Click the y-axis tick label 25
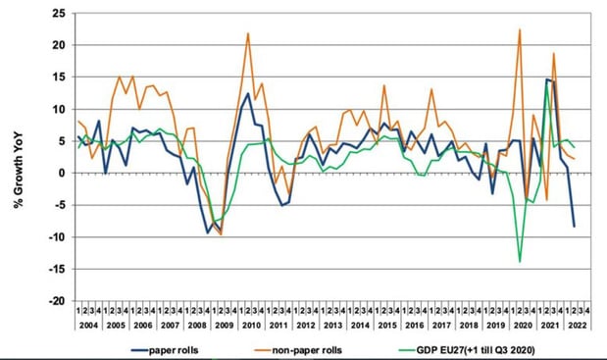tap(58, 14)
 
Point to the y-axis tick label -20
tap(56, 301)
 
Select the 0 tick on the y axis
tap(62, 174)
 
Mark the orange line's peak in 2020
tap(519, 29)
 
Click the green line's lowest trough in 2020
tap(520, 261)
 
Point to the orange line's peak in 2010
tap(247, 33)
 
